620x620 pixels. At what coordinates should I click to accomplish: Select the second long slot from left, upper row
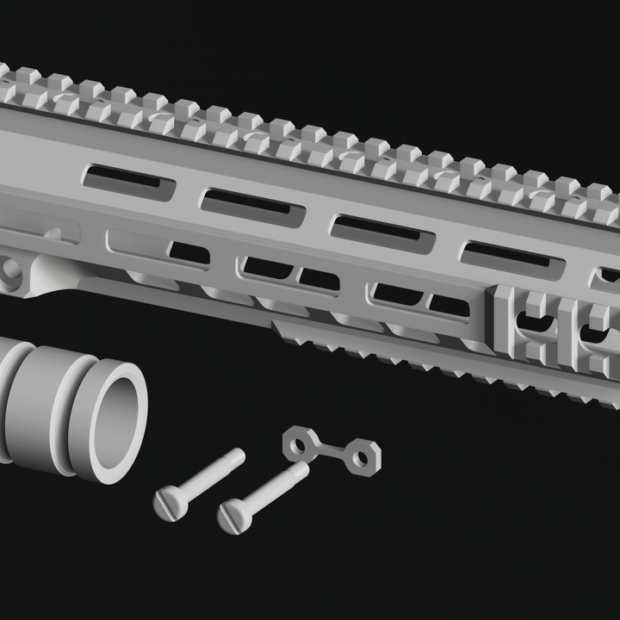252,207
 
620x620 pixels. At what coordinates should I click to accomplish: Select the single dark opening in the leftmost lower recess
189,253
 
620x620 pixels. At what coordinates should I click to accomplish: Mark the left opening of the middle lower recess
267,268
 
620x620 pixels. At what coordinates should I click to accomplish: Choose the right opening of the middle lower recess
319,279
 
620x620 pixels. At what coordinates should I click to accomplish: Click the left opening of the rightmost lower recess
398,294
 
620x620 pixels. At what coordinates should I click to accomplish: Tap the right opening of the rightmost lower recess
449,305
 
